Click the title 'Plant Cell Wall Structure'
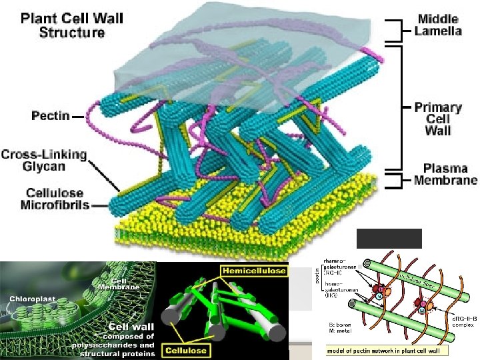point(72,25)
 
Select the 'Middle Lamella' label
point(439,25)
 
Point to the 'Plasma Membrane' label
point(445,174)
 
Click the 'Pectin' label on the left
point(50,115)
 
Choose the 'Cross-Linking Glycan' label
point(44,160)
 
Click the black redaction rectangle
point(389,238)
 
